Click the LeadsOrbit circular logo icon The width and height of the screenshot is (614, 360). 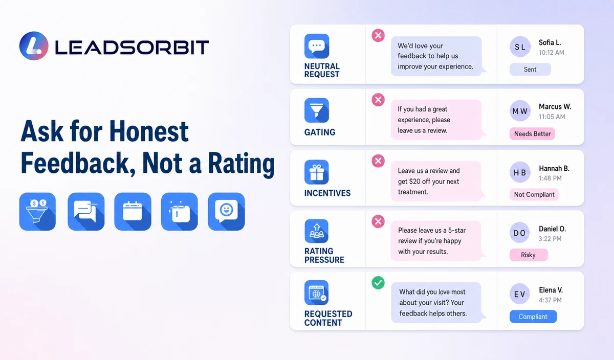pos(34,46)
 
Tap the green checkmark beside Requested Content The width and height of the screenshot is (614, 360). pos(378,282)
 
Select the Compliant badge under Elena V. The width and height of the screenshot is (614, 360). pos(533,317)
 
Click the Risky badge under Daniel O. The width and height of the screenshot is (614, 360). pos(529,255)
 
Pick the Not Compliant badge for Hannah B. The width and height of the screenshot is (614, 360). pos(534,194)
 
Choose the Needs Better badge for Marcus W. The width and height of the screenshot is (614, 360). pos(532,133)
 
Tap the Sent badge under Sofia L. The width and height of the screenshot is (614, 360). pos(530,70)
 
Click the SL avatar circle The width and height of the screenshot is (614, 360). pos(520,47)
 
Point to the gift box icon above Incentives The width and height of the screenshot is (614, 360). pos(317,172)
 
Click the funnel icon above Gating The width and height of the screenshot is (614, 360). pos(317,110)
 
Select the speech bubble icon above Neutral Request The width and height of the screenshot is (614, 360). pos(317,46)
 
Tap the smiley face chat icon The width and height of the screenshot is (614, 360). pos(226,212)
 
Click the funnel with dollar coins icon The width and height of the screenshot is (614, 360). pos(37,212)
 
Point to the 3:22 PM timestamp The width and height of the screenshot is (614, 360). pos(550,239)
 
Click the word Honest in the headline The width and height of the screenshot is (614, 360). pos(149,131)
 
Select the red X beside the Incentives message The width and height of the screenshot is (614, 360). pos(378,161)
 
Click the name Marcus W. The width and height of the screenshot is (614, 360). pos(555,106)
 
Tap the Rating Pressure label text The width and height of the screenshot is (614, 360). pos(324,255)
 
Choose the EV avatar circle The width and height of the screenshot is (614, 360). pos(520,294)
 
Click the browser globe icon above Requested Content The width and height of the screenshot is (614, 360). pos(317,292)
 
